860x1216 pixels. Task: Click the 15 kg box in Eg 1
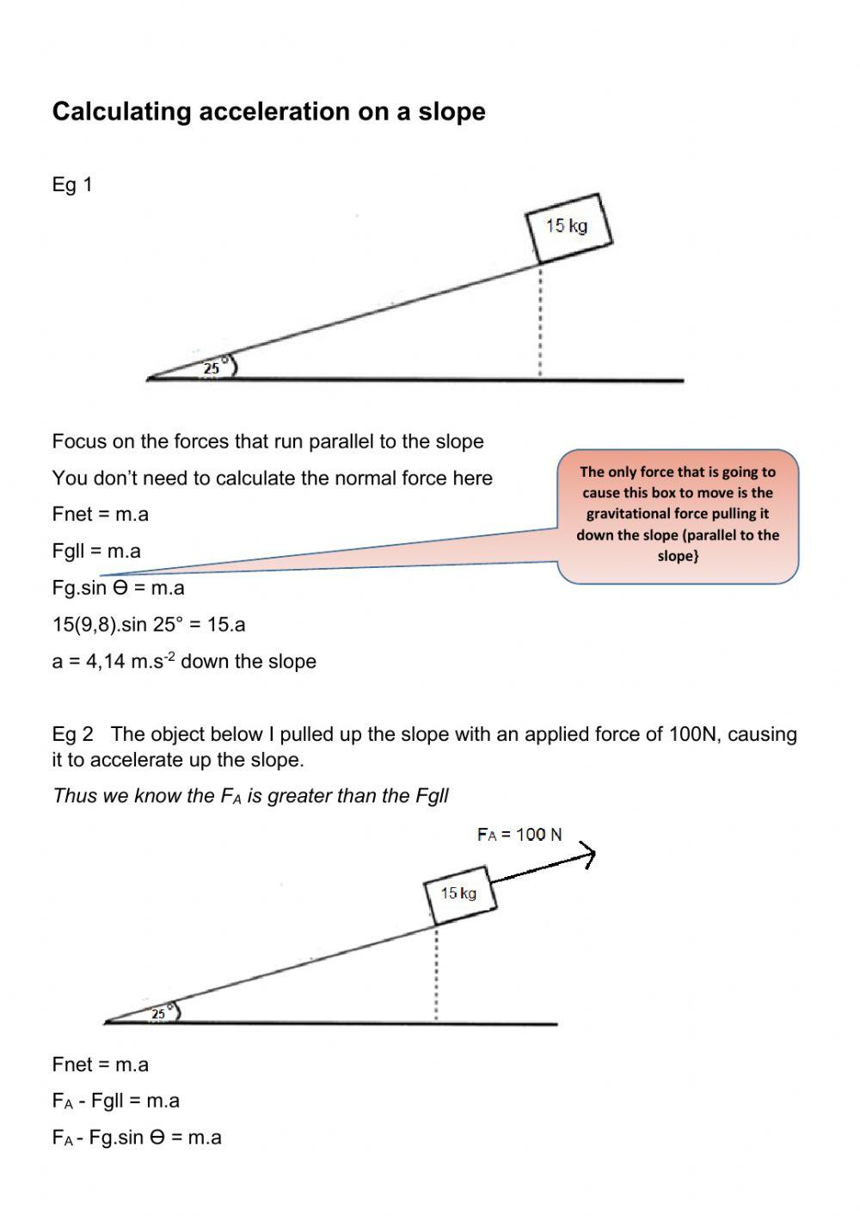[568, 227]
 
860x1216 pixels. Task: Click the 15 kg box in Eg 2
[458, 894]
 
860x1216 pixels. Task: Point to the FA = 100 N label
[519, 834]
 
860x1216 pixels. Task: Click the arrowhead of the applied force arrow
[588, 855]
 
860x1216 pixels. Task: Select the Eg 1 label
[72, 184]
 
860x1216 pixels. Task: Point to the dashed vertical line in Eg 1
[540, 323]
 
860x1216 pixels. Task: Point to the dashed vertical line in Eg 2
[436, 974]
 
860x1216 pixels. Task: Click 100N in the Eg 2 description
[692, 734]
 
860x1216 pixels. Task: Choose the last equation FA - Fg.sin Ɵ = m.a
[137, 1137]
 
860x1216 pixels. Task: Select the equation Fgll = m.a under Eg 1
[96, 551]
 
